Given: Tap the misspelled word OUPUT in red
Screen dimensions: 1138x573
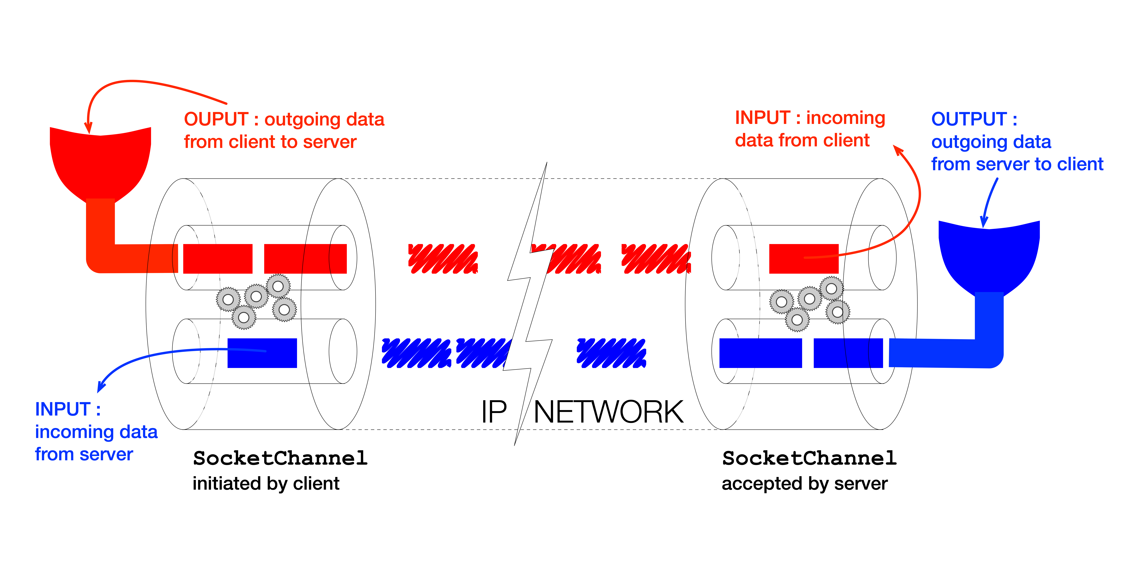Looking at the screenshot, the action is point(216,119).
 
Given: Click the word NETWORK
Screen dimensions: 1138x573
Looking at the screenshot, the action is point(608,412).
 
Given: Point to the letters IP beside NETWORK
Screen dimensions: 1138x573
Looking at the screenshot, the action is point(494,412).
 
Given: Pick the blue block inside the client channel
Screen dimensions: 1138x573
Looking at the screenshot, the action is point(262,353).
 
